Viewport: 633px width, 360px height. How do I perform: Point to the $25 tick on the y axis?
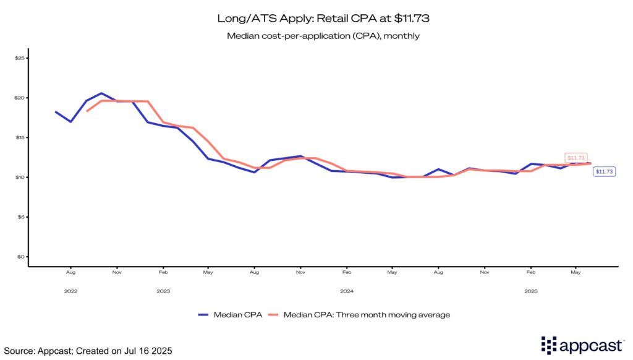(x=19, y=58)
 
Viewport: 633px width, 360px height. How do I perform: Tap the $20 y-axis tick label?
(x=19, y=98)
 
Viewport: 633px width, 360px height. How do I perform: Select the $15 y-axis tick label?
(x=19, y=137)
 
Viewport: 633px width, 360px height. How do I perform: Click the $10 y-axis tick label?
(x=19, y=178)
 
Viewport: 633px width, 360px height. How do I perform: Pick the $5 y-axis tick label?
(x=20, y=217)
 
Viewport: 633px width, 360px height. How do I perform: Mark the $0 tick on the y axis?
(x=20, y=257)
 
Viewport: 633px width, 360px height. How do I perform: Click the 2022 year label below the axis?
(x=70, y=291)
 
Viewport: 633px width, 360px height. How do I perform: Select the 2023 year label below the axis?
(x=163, y=291)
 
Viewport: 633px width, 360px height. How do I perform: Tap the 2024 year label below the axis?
(x=347, y=291)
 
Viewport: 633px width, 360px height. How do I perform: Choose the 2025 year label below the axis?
(x=530, y=291)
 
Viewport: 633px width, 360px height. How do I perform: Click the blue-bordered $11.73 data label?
(x=604, y=171)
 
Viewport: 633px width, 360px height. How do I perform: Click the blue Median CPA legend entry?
(x=230, y=315)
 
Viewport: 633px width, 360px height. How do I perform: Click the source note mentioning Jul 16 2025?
(x=87, y=351)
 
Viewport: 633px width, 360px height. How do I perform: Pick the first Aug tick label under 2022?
(x=70, y=272)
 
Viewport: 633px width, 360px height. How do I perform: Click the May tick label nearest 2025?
(x=576, y=272)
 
